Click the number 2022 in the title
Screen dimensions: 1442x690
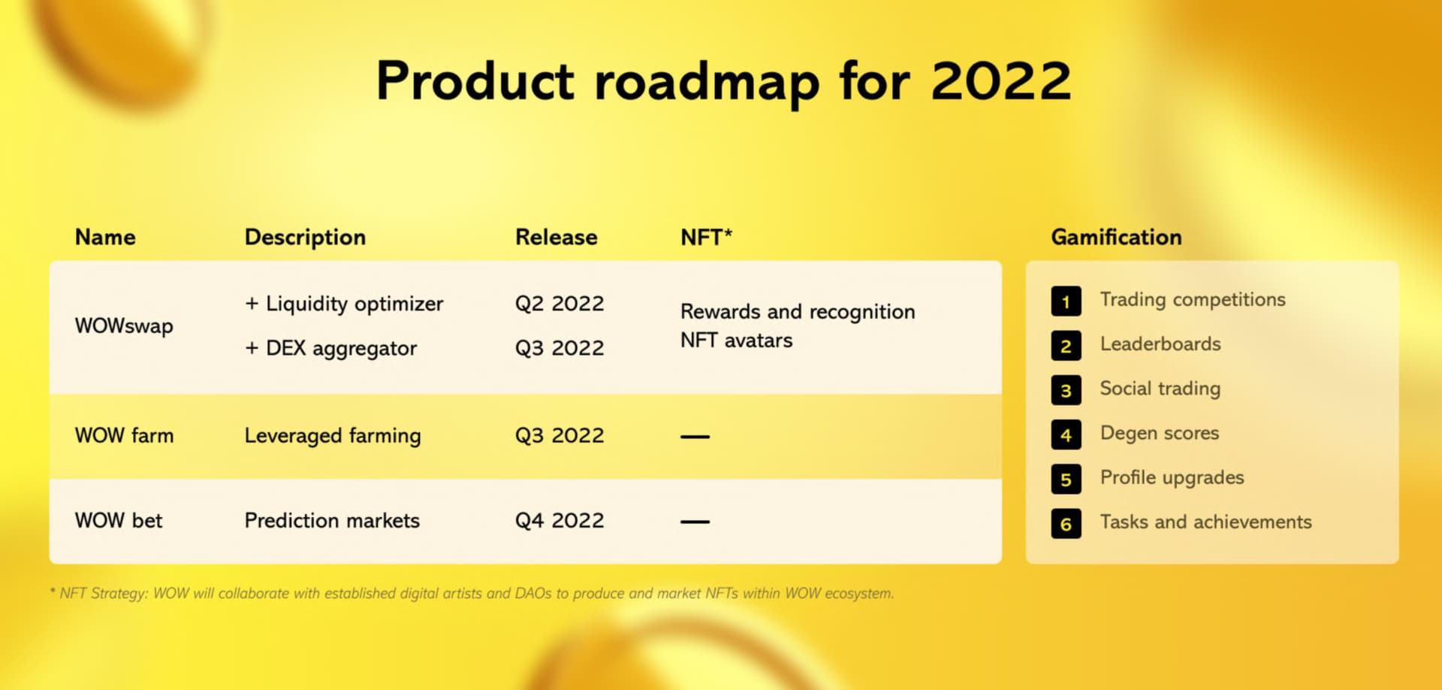click(x=1001, y=80)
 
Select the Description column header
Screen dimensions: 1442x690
click(x=305, y=238)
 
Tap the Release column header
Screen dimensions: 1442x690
click(x=557, y=238)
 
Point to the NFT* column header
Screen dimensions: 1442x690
click(x=706, y=238)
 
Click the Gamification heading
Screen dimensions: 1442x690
click(x=1116, y=238)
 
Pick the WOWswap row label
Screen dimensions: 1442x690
click(x=124, y=326)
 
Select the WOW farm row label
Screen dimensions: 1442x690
click(x=124, y=436)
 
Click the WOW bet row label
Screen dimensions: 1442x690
click(x=119, y=521)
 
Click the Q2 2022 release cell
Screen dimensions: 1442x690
click(x=560, y=304)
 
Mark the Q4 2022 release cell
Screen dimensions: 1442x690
click(x=560, y=521)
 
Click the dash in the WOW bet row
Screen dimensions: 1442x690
click(x=695, y=522)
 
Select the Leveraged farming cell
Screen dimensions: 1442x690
click(x=333, y=437)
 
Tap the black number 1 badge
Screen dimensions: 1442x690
click(x=1066, y=301)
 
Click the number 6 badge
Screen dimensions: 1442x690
click(x=1066, y=524)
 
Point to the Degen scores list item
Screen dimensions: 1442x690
click(x=1160, y=434)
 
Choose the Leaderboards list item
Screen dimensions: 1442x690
click(x=1160, y=344)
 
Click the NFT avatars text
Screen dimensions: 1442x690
click(x=736, y=340)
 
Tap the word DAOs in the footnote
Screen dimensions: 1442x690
click(x=533, y=593)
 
